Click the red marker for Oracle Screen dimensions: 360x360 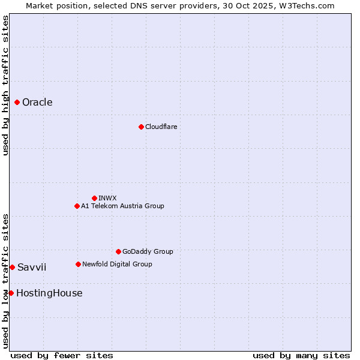coord(17,103)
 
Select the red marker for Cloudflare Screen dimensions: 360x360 coord(141,127)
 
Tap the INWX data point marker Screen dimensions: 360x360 coord(94,198)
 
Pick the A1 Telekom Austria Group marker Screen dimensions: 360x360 coord(77,206)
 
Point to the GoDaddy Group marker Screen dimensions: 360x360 coord(118,251)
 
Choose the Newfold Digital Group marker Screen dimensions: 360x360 coord(78,264)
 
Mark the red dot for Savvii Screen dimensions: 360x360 coord(12,267)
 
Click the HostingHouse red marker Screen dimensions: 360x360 coord(11,293)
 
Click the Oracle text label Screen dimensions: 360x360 coord(37,103)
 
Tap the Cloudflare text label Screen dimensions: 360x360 coord(161,127)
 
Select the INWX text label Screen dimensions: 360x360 coord(107,198)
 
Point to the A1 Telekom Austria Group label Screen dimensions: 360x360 coord(122,206)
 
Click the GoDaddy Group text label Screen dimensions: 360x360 coord(148,251)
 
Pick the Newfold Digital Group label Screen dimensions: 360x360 coord(117,264)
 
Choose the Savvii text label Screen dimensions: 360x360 coord(32,267)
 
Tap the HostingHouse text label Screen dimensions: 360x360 coord(49,293)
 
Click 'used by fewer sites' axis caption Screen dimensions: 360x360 coord(62,355)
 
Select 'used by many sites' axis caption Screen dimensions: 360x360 coord(301,355)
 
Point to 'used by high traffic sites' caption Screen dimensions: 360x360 coord(5,85)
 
